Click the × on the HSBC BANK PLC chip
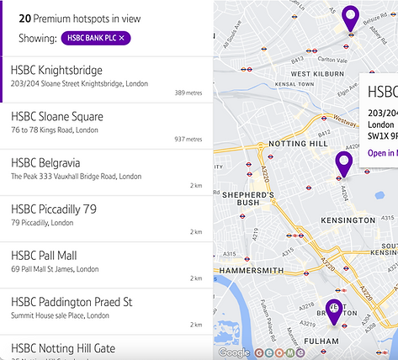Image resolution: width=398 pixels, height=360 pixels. pos(122,39)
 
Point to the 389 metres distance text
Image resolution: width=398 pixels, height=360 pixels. pos(188,93)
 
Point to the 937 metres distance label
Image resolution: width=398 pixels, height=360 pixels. pos(188,140)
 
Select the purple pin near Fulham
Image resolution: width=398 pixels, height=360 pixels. pos(334,311)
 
